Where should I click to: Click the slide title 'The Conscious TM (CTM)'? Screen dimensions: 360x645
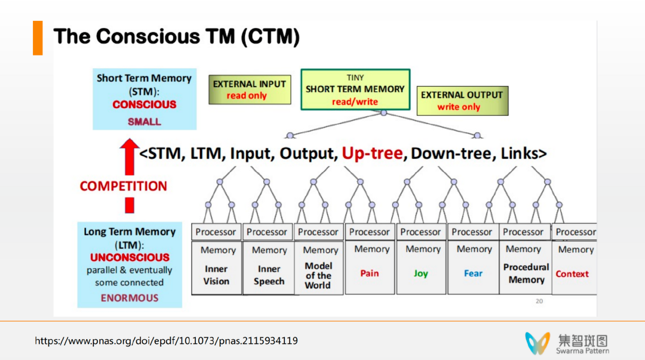[x=176, y=37]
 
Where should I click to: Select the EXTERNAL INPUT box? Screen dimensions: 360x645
[x=249, y=90]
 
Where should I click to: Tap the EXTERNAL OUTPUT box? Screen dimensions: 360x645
[x=462, y=101]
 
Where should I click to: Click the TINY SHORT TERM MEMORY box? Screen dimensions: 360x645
[x=355, y=90]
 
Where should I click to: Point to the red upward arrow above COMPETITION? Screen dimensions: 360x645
[x=129, y=158]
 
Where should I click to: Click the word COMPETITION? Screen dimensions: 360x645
[x=124, y=186]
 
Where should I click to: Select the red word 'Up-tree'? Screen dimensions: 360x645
[x=372, y=153]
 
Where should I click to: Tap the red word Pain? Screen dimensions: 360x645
[x=370, y=273]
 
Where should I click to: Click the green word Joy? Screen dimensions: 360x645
[x=421, y=273]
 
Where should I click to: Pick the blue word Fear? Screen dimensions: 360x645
[x=473, y=273]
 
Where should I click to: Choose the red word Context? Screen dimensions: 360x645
[x=572, y=274]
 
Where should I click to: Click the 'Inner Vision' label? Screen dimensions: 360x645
[x=216, y=275]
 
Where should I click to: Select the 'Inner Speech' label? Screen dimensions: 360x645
[x=269, y=275]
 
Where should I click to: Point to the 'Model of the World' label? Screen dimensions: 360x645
[x=318, y=275]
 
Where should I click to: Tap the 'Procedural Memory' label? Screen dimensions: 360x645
[x=526, y=273]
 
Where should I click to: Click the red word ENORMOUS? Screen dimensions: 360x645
[x=130, y=298]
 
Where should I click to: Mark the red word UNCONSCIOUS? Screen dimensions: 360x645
[x=130, y=257]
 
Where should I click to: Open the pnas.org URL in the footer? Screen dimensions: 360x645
[x=167, y=341]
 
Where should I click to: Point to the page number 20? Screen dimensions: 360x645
[x=539, y=301]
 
